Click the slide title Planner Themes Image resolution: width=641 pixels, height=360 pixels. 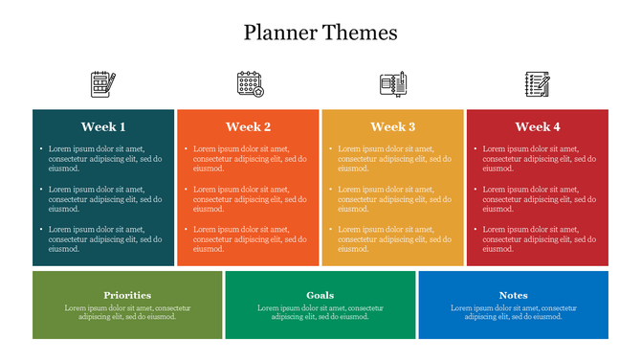click(x=320, y=33)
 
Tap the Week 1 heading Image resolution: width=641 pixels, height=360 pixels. click(x=103, y=126)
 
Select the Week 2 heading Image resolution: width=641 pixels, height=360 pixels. click(x=248, y=126)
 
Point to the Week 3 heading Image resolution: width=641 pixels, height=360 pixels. click(x=392, y=126)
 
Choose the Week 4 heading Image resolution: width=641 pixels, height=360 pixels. click(x=538, y=126)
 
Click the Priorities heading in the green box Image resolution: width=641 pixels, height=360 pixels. click(x=127, y=295)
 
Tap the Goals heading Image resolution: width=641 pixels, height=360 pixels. click(x=320, y=295)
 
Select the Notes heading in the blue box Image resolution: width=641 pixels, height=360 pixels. click(x=513, y=295)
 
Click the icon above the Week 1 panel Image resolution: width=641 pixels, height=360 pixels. click(x=103, y=83)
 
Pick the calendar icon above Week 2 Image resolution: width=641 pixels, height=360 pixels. click(x=249, y=83)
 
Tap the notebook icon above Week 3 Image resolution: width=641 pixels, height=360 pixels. click(x=393, y=83)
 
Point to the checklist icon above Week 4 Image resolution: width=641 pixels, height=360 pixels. click(x=538, y=83)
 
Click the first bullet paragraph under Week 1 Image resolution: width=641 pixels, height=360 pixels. click(x=104, y=158)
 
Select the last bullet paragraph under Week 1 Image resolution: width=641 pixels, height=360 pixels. click(x=104, y=238)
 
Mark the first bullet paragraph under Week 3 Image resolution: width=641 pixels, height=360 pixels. click(x=393, y=158)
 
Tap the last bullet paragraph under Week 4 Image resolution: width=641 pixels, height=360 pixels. click(x=539, y=238)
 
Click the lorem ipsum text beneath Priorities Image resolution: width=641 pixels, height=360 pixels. click(x=127, y=312)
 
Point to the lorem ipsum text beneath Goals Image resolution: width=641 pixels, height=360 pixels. click(x=320, y=312)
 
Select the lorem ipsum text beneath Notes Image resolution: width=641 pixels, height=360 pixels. click(x=513, y=312)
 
